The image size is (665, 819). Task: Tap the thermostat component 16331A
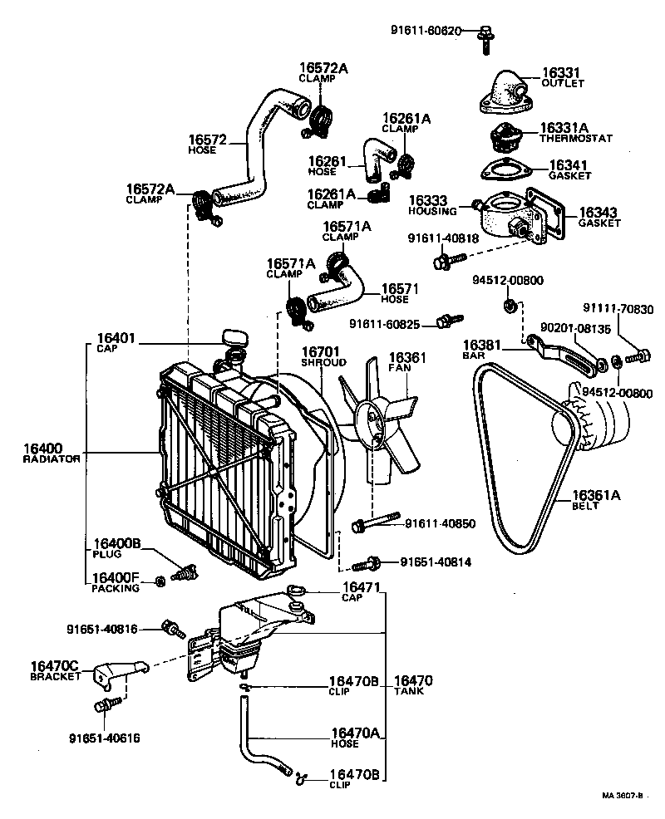pos(505,137)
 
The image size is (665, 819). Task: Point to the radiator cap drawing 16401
pos(235,339)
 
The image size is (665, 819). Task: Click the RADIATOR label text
pos(52,459)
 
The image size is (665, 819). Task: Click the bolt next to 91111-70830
pos(638,356)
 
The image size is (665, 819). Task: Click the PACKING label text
pos(116,588)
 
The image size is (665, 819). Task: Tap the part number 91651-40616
pos(105,737)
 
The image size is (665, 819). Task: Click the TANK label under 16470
pos(408,691)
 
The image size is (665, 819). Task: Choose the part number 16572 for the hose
pos(207,140)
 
